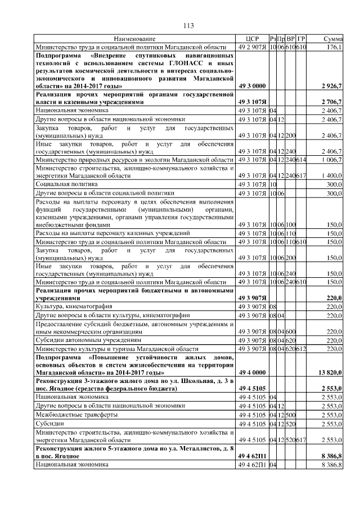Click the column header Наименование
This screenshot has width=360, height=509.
coord(134,39)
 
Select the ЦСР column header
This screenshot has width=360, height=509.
coord(251,39)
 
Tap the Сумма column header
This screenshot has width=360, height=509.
coord(334,39)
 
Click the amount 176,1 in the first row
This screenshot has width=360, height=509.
coord(335,47)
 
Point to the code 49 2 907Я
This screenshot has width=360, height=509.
coord(251,47)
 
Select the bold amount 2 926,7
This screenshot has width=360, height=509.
coord(332,86)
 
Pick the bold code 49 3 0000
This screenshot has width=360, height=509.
coord(250,86)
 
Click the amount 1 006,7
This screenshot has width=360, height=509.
coord(332,160)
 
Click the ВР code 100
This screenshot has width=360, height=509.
coord(291,224)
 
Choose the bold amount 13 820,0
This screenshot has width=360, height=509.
coord(330,372)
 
